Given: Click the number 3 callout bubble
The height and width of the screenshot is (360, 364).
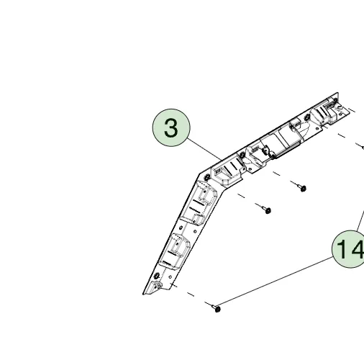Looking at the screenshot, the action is point(171,127).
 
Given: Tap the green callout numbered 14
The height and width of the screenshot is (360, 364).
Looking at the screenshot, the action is point(349,249).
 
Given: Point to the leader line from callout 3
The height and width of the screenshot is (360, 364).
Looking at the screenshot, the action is point(204,149).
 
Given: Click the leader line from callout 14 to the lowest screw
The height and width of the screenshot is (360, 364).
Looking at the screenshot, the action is point(275,282).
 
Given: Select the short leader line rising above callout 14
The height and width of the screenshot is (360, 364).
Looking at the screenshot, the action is point(360,221).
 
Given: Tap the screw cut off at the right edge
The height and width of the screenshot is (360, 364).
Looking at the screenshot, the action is point(363,148).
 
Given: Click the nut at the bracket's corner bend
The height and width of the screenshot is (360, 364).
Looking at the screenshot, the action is point(207,177).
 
